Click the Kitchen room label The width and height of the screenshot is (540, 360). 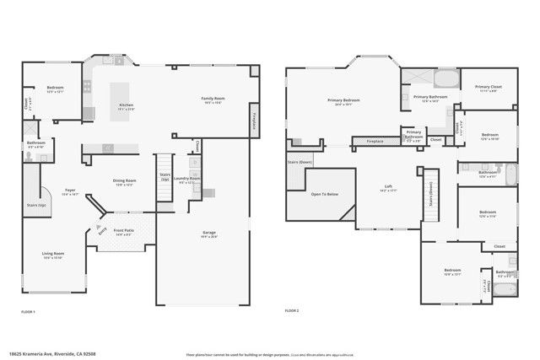(x=127, y=105)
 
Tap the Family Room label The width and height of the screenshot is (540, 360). (x=212, y=99)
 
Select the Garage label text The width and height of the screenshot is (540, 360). (x=208, y=233)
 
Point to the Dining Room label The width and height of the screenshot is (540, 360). (x=125, y=181)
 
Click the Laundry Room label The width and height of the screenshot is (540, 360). (x=188, y=179)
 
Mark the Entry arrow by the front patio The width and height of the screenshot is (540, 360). (x=102, y=230)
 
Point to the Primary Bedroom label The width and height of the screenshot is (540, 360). (x=344, y=102)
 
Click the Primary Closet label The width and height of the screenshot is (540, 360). (x=488, y=88)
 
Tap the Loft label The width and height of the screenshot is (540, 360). (x=387, y=189)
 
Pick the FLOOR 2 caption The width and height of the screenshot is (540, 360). (x=292, y=311)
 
